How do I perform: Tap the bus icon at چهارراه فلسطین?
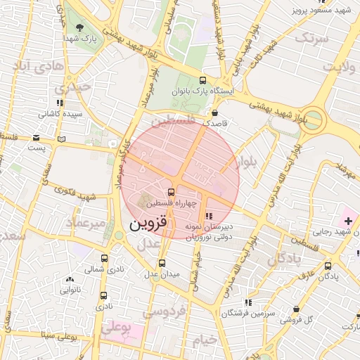tap(171, 192)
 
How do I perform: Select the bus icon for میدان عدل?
tap(162, 263)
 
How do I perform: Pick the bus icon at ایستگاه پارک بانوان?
tap(203, 80)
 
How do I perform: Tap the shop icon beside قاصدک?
tap(214, 112)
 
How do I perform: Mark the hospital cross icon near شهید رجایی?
tap(349, 221)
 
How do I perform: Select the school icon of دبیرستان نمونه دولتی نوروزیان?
tap(208, 216)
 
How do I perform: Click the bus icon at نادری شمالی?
tap(105, 258)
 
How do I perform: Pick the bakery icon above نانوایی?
tap(69, 278)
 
